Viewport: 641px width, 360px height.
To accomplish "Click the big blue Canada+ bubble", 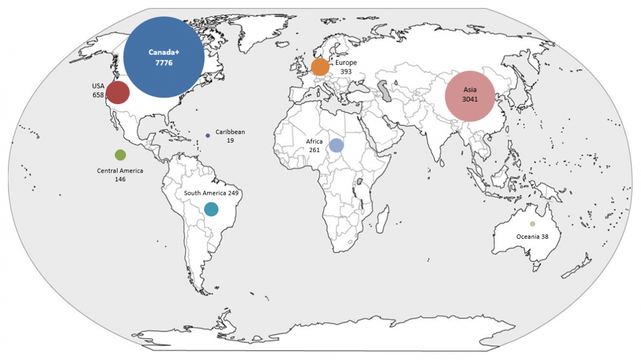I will click(x=164, y=57).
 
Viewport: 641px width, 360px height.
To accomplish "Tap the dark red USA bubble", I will click(x=118, y=92).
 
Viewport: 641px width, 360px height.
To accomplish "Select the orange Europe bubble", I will click(x=320, y=67).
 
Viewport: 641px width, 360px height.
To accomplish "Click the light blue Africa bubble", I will click(x=336, y=145).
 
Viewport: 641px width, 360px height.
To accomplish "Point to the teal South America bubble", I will click(x=212, y=209).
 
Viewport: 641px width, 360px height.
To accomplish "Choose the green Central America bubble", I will click(x=120, y=155).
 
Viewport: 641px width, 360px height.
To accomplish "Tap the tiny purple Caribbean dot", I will click(x=208, y=136).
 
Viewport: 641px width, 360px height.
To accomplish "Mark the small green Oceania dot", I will click(x=532, y=224).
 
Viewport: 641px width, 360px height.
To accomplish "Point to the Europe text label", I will click(x=346, y=62).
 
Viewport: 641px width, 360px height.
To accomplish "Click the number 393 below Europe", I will click(x=346, y=71).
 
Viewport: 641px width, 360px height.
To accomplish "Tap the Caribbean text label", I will click(x=230, y=131).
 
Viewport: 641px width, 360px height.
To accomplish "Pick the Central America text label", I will click(x=120, y=171).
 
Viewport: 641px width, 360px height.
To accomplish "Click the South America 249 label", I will click(x=211, y=193).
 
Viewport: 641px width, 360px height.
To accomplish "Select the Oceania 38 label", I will click(x=532, y=236).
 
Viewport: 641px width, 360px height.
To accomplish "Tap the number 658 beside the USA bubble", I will click(x=98, y=95).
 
